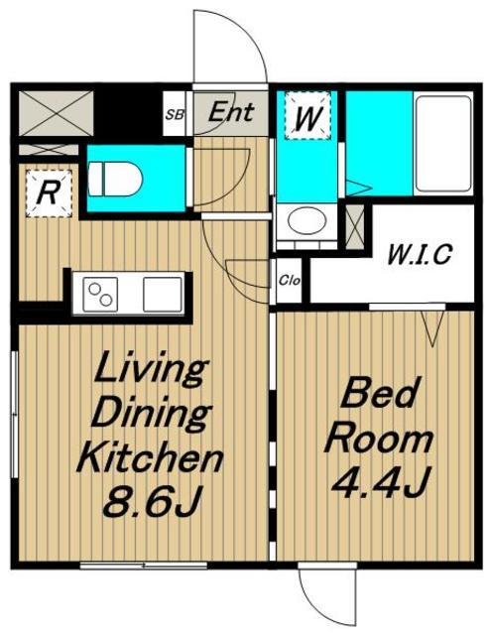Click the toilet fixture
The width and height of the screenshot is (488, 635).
[x=115, y=179]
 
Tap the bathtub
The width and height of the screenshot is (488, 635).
[x=443, y=144]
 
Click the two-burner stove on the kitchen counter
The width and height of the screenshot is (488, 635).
[x=100, y=295]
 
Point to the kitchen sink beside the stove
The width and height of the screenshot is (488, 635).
[x=163, y=295]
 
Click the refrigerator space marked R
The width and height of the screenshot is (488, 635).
[x=49, y=193]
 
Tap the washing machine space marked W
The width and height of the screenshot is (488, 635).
[x=307, y=116]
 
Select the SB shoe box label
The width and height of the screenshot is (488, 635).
[x=175, y=115]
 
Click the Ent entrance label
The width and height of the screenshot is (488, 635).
[x=231, y=111]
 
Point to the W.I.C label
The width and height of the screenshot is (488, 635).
[x=420, y=254]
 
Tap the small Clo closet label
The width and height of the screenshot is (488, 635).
[x=290, y=280]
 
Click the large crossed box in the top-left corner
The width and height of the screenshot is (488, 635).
[x=56, y=113]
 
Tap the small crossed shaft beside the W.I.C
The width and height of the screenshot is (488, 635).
[x=355, y=227]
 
